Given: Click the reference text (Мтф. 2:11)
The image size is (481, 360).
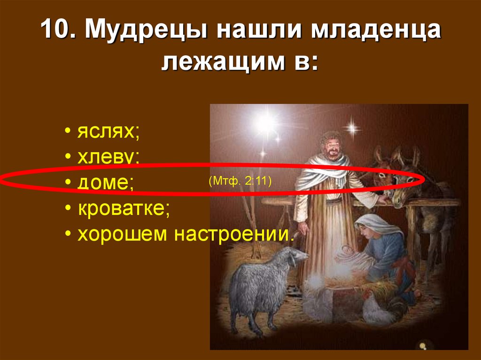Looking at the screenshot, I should click(241, 181).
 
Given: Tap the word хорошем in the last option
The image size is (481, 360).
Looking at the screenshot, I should click(123, 234).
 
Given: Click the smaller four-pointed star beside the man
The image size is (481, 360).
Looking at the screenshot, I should click(350, 127).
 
